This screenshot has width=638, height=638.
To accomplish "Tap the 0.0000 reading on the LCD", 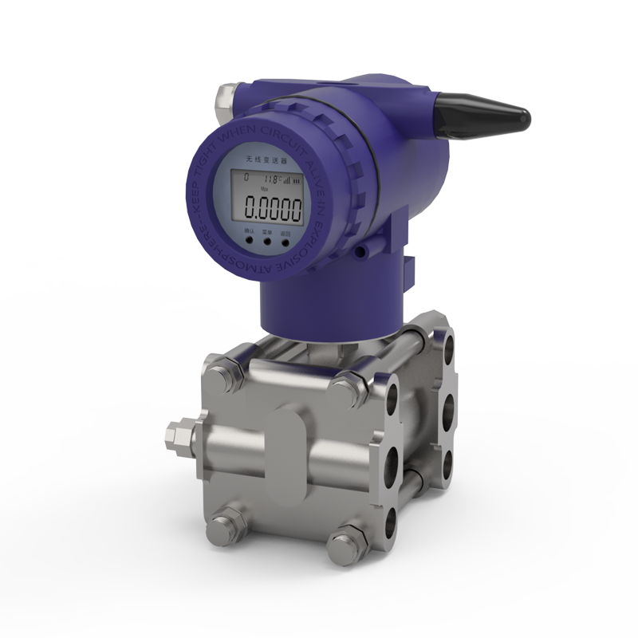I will (x=273, y=209).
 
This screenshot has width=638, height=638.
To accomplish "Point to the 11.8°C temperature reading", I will (x=273, y=180).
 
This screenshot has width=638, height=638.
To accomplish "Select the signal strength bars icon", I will (x=286, y=180).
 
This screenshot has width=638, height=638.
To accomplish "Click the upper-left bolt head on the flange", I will (x=226, y=372).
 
